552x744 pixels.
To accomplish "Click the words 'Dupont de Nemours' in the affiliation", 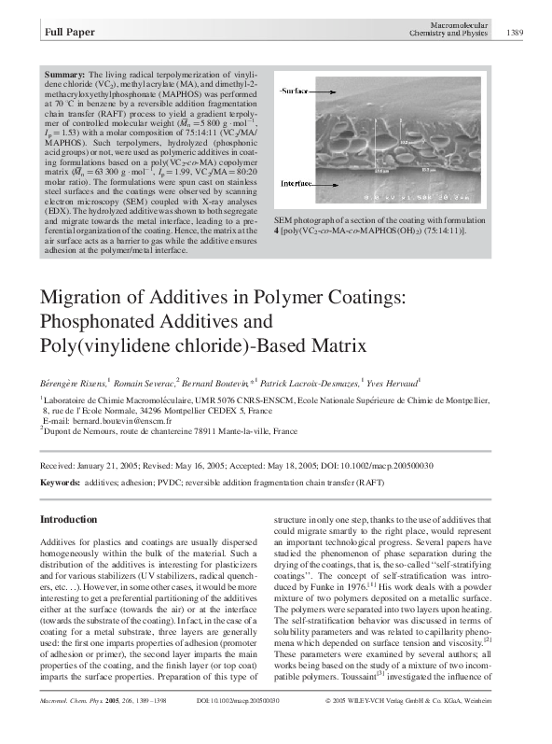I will pyautogui.click(x=83, y=432).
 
